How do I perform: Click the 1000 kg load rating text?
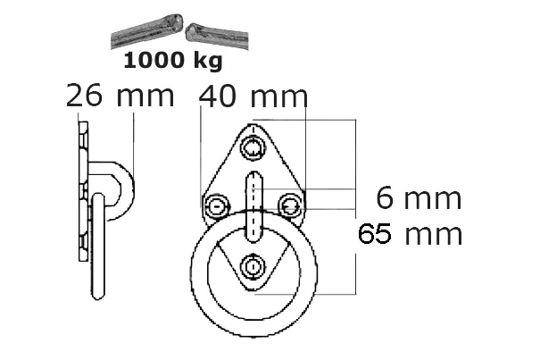[x=173, y=61]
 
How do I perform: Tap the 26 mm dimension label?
[x=120, y=96]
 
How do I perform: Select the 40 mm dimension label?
[x=253, y=96]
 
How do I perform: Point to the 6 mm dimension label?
[x=419, y=197]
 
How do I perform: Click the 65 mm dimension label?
[x=410, y=234]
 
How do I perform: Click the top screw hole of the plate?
[x=253, y=148]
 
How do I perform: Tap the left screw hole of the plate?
[x=217, y=206]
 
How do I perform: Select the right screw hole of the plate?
[x=291, y=206]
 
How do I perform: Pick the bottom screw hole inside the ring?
[x=253, y=267]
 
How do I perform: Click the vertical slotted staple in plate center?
[x=253, y=207]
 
